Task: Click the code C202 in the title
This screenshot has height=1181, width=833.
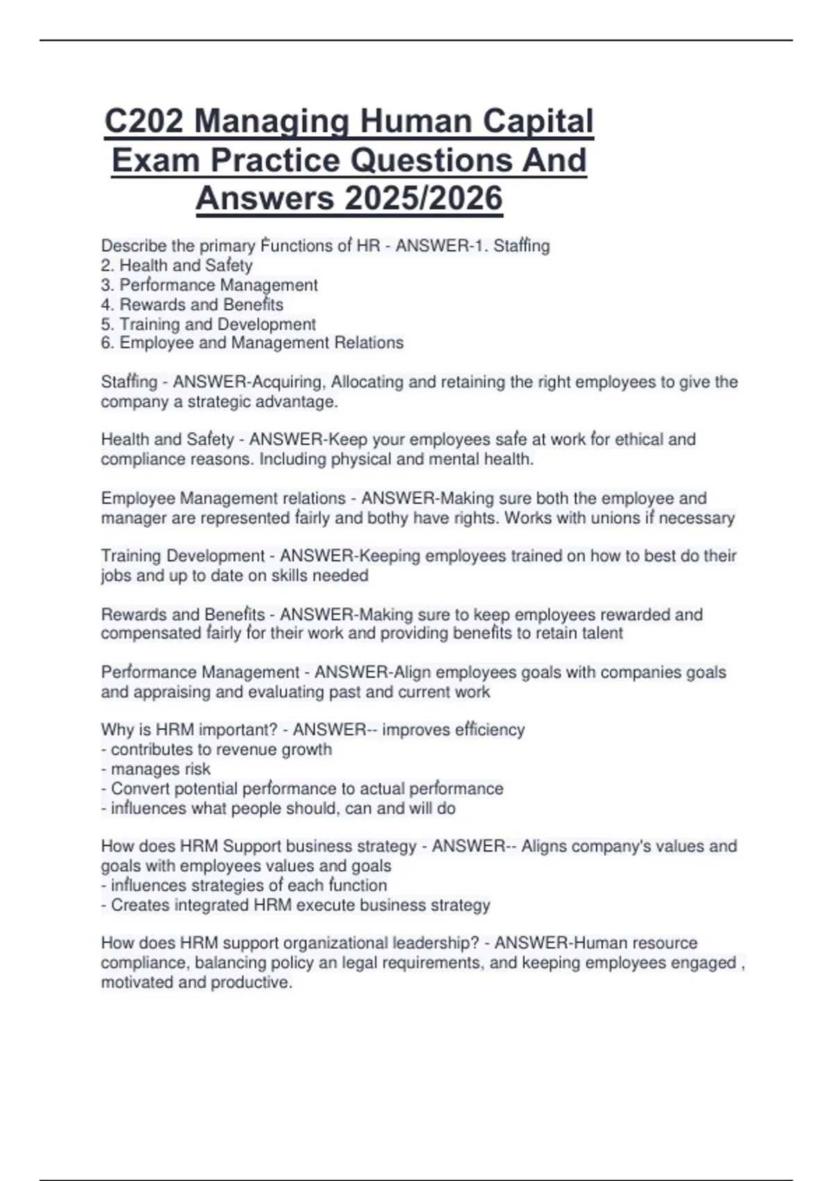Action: point(144,122)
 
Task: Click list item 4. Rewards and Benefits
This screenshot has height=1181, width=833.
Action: point(192,304)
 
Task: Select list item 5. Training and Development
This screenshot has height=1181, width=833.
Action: point(208,324)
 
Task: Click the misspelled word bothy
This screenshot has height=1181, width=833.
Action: point(388,518)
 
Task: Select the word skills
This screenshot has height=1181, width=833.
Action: point(289,575)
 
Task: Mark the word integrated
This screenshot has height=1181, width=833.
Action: point(211,905)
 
